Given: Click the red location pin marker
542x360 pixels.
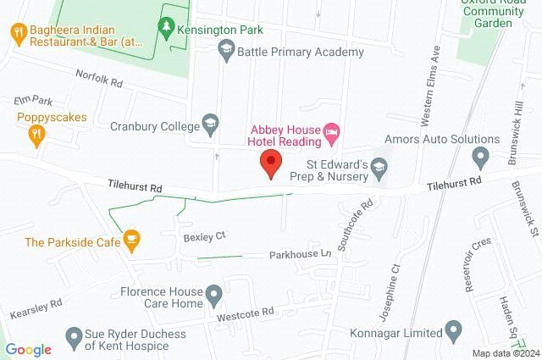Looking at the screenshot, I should click(271, 163).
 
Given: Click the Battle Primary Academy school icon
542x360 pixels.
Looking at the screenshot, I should click(225, 52).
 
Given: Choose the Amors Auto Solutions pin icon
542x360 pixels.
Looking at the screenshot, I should click(480, 156).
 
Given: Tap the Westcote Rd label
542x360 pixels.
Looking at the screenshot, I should click(246, 313).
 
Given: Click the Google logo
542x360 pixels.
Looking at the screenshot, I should click(29, 349).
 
